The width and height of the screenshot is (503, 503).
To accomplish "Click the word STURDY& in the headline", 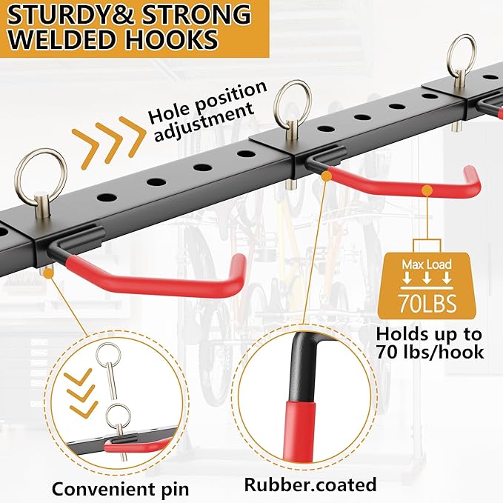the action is click(x=70, y=14).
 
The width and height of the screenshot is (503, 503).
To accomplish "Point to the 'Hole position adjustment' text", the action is click(x=205, y=110).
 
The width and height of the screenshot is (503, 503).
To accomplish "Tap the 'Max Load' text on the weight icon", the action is click(x=427, y=264).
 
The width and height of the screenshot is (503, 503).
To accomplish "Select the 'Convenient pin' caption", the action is click(x=120, y=489).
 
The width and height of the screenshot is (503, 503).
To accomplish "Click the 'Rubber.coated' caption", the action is click(x=310, y=484).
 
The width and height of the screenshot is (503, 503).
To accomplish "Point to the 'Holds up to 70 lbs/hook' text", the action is click(x=430, y=343).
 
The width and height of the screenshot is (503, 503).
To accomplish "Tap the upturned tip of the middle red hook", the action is click(x=472, y=173).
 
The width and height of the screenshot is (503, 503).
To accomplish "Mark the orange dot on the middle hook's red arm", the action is click(x=427, y=190).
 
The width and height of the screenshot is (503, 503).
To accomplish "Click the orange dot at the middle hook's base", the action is click(x=327, y=176).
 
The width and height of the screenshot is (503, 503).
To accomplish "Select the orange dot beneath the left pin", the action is click(x=48, y=273).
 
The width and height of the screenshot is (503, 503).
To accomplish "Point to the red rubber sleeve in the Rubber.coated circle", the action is click(x=299, y=430).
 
